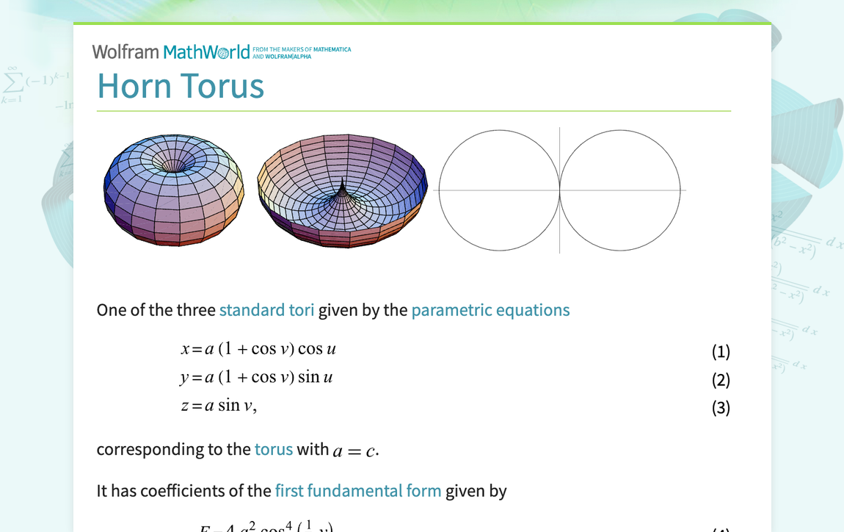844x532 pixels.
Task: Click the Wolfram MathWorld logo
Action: coord(171,52)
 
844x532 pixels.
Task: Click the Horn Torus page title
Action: coord(181,86)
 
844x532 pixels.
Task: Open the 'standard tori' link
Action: coord(266,310)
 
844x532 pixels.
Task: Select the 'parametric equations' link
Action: coord(490,310)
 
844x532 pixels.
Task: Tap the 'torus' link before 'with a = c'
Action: coord(273,449)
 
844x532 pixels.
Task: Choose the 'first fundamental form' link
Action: coord(358,491)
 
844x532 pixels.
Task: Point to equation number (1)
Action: coord(721,352)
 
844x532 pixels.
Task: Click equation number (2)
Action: coord(721,380)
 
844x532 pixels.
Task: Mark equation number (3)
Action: coord(721,408)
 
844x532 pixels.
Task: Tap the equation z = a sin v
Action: coord(218,406)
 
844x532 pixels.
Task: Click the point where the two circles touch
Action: coord(560,190)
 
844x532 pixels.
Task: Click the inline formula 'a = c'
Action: coord(355,450)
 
